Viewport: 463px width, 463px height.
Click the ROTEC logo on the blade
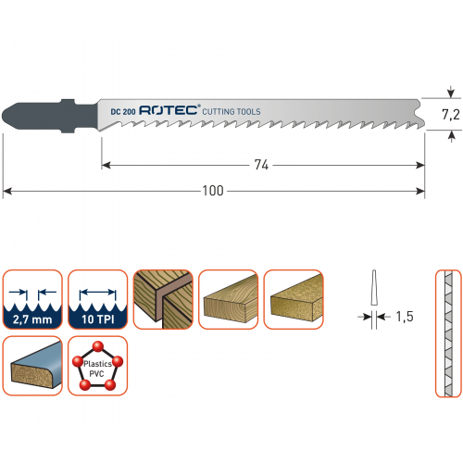pos(169,110)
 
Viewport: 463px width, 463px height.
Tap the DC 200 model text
pos(123,112)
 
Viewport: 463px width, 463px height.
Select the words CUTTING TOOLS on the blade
pos(231,111)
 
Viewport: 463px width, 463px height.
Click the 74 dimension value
pos(261,165)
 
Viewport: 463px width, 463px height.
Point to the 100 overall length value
pos(213,191)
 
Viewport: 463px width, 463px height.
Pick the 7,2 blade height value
pos(451,115)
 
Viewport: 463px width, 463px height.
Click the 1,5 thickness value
pos(405,317)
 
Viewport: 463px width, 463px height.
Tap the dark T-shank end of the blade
pos(49,116)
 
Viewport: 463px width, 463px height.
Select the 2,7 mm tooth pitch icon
pos(32,299)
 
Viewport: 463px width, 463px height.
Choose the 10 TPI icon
pos(97,299)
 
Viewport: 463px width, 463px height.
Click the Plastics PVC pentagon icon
pos(97,366)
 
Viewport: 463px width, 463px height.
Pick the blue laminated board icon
pos(32,366)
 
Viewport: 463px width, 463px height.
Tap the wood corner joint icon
pos(163,299)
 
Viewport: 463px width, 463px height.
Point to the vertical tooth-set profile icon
pos(448,333)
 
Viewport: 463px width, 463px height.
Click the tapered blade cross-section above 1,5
pos(374,287)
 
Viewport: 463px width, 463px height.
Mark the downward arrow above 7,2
pos(451,92)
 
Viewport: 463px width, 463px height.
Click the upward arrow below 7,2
pos(451,136)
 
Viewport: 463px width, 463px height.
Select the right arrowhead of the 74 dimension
pos(420,166)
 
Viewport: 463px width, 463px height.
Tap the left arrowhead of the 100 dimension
pos(7,192)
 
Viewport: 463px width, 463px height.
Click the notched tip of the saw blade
pos(421,114)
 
